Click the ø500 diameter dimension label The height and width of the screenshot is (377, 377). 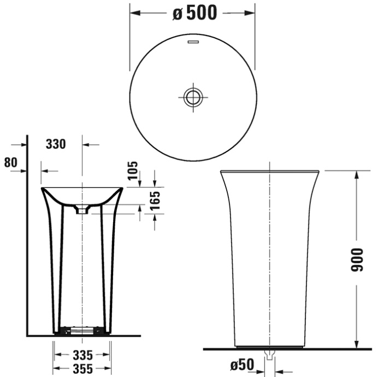pos(194,13)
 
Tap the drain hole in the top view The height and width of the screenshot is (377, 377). pos(192,97)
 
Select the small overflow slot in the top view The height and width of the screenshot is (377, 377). pos(192,42)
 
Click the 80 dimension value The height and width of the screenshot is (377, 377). pos(10,162)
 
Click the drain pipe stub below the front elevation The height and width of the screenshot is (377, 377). pos(269,355)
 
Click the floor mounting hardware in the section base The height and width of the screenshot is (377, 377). pos(82,331)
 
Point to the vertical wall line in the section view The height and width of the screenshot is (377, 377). pos(27,235)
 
